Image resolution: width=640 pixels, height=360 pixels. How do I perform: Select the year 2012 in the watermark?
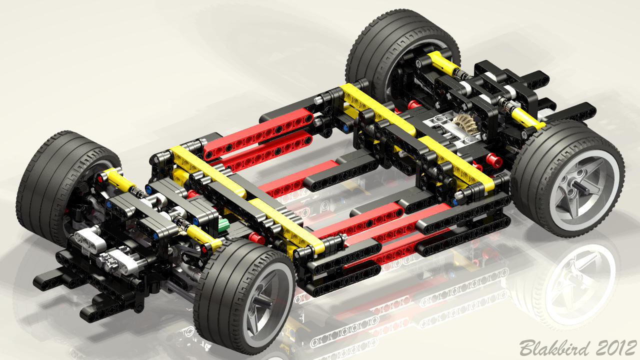[616, 347]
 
